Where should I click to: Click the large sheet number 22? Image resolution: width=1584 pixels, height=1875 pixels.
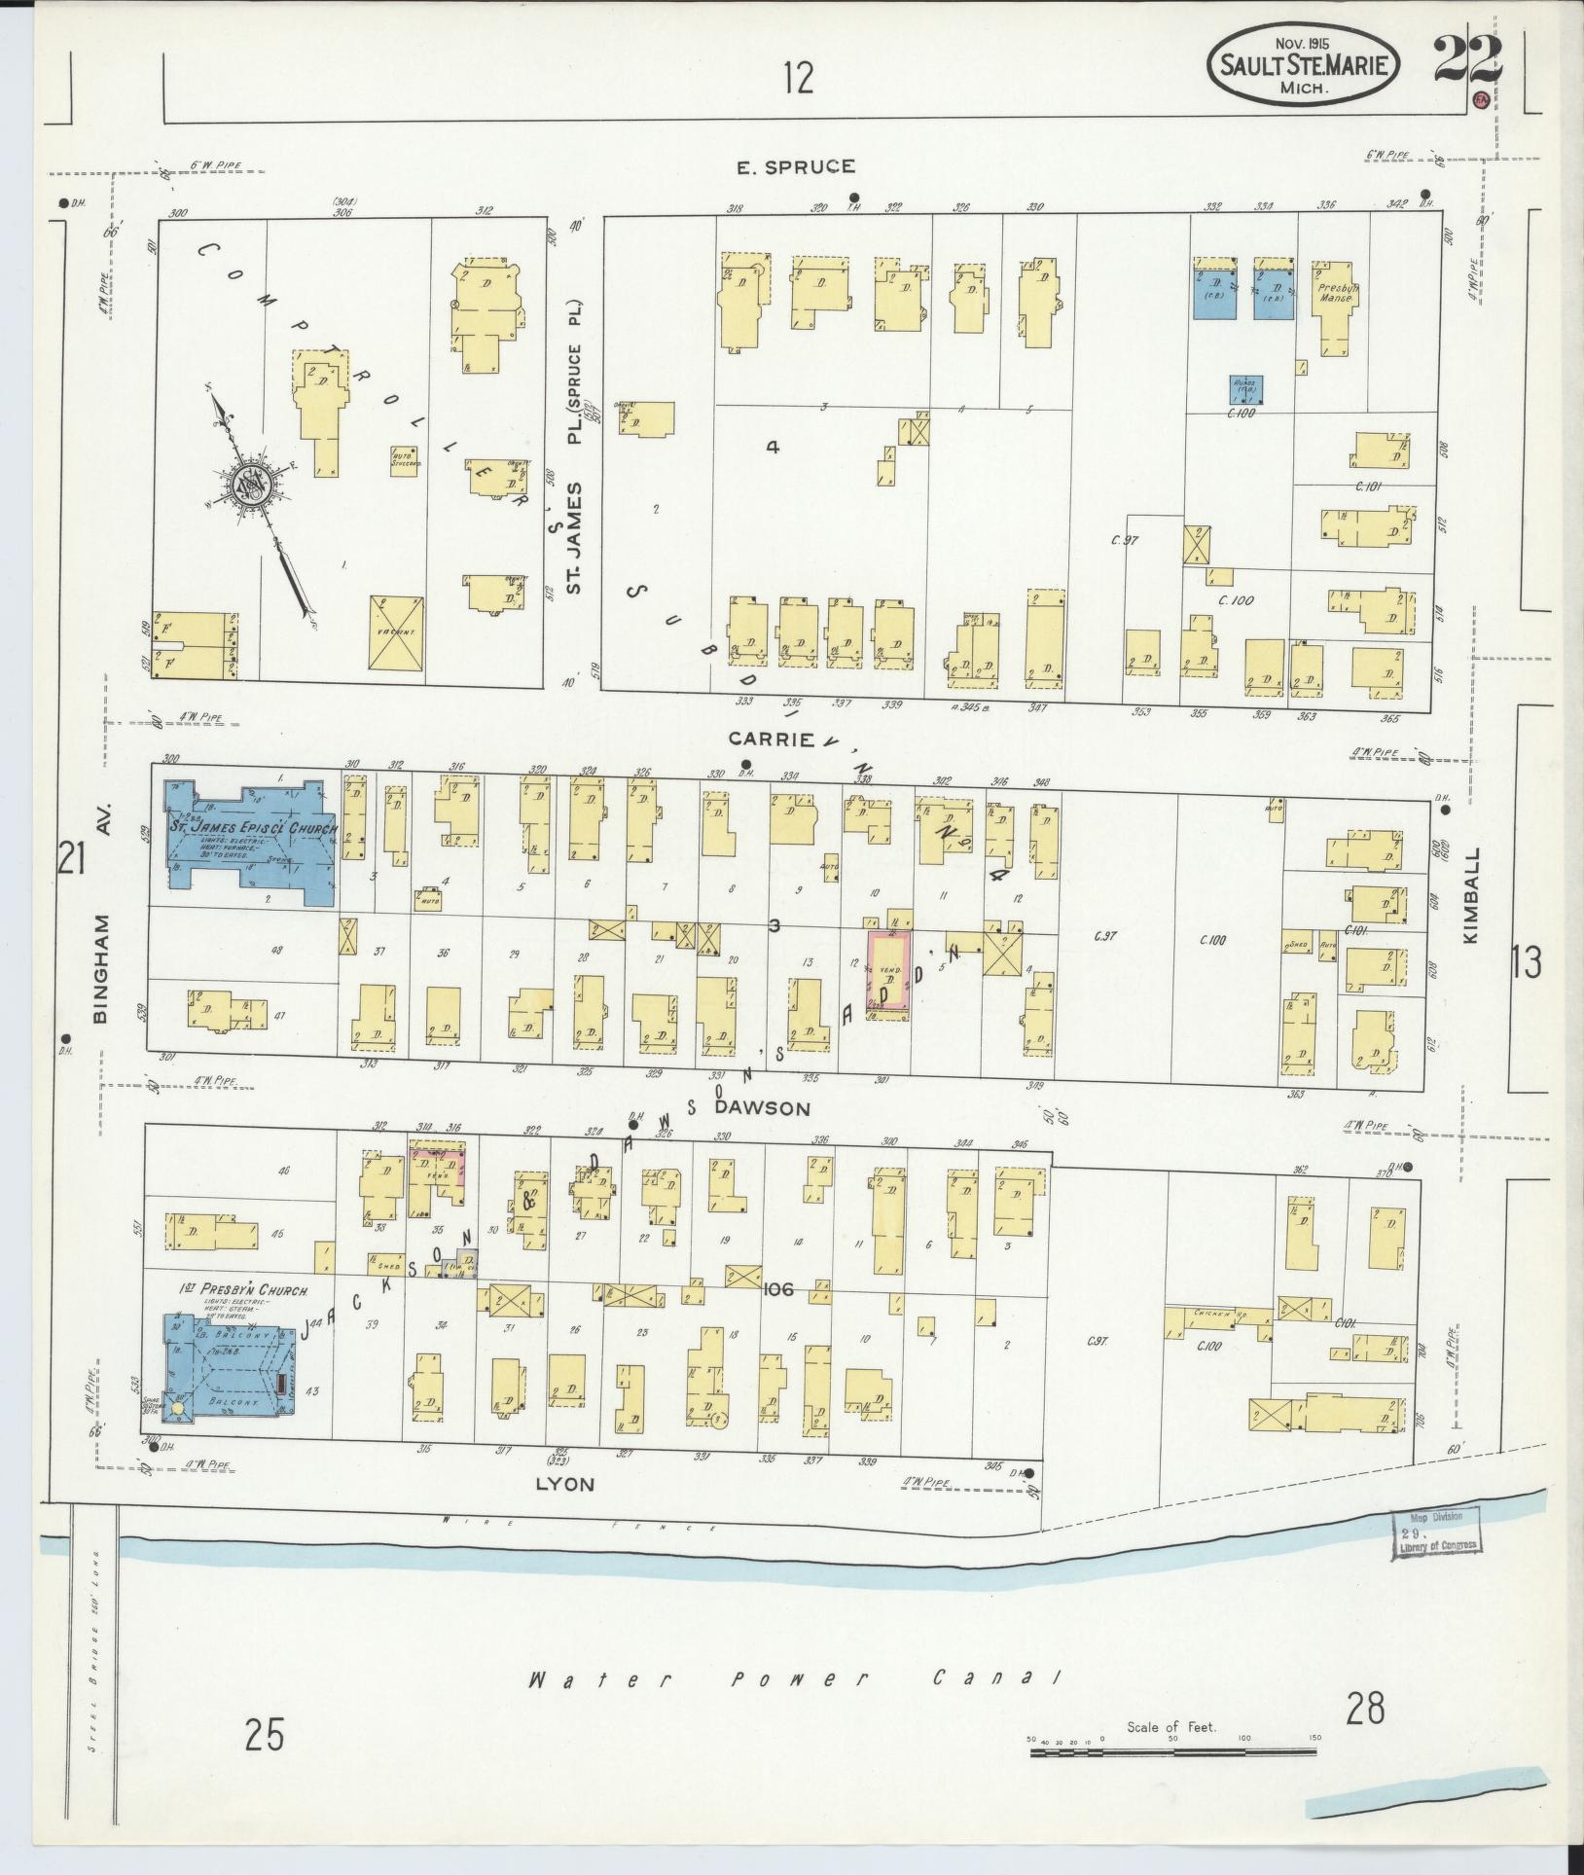[x=1467, y=61]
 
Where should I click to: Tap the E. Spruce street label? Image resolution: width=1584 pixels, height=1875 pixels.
[x=796, y=167]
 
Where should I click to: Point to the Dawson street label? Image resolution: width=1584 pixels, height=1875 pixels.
[x=775, y=1108]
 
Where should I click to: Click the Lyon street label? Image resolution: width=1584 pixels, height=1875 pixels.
[x=564, y=1511]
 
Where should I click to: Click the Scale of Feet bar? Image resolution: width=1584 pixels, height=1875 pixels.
[x=1172, y=1751]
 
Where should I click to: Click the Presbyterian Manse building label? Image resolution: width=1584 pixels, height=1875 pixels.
[x=1335, y=293]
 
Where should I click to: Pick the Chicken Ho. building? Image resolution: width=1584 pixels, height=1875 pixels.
[x=1216, y=1317]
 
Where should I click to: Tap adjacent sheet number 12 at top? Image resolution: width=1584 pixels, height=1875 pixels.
[x=797, y=78]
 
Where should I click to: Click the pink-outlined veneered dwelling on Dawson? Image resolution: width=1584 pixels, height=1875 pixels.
[x=889, y=976]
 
